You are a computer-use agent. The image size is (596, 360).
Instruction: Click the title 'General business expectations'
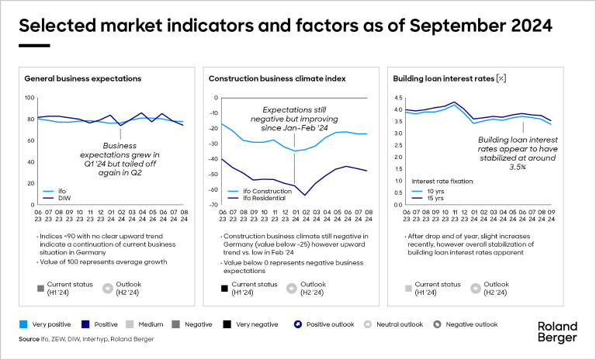point(82,78)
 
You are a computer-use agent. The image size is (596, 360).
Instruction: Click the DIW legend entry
point(55,198)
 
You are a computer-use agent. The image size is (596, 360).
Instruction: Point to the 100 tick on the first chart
point(30,98)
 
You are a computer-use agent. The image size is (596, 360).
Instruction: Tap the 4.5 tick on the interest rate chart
point(399,98)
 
